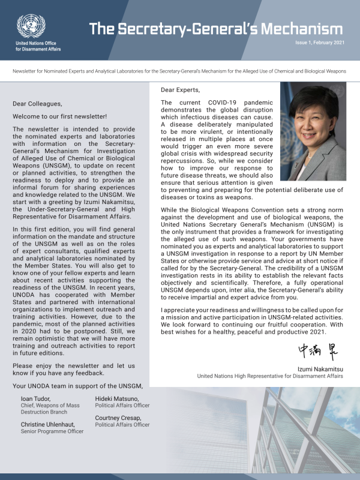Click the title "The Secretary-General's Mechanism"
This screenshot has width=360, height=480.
point(216,29)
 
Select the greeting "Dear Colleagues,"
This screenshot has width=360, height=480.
point(37,103)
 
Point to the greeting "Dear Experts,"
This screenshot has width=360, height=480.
point(180,90)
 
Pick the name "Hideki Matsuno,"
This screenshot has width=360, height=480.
point(117,399)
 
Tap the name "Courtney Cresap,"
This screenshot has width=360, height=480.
point(119,418)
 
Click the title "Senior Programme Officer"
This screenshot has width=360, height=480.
point(52,432)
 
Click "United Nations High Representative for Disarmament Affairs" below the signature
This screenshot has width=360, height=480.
point(270,376)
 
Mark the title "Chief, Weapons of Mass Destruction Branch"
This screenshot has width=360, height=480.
point(50,410)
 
